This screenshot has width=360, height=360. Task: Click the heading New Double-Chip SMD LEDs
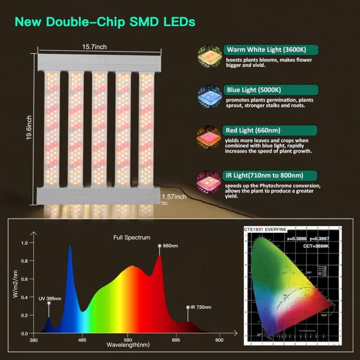pyautogui.click(x=105, y=22)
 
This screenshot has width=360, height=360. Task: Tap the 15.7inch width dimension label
pyautogui.click(x=95, y=47)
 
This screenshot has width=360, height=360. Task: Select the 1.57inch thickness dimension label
pyautogui.click(x=173, y=197)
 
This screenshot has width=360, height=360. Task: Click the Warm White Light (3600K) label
pyautogui.click(x=272, y=50)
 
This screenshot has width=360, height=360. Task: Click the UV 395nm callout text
pyautogui.click(x=50, y=298)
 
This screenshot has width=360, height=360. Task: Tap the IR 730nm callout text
pyautogui.click(x=197, y=307)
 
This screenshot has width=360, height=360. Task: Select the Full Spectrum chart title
pyautogui.click(x=132, y=238)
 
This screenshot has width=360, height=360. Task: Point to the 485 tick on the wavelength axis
pyautogui.click(x=82, y=340)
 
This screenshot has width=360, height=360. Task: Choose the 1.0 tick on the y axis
pyautogui.click(x=25, y=243)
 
